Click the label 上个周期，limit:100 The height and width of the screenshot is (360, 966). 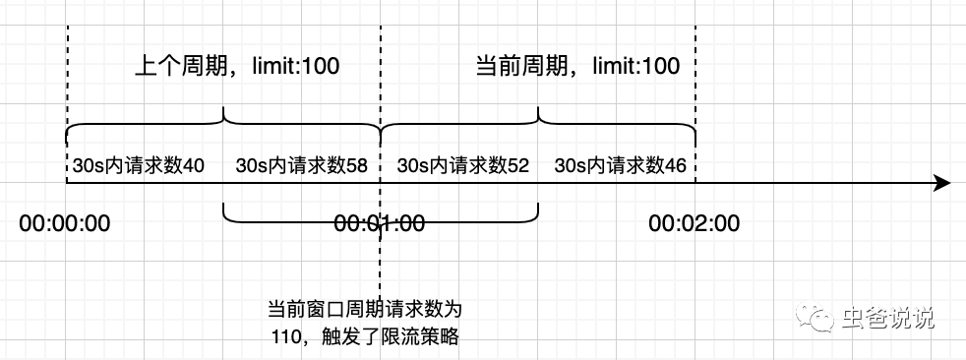236,67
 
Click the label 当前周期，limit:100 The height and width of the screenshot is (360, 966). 577,67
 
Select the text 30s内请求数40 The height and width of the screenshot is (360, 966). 138,166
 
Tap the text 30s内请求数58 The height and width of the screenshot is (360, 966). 301,166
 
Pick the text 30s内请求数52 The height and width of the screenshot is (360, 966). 462,166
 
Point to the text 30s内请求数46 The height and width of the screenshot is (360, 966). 620,166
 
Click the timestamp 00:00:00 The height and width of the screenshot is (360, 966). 65,223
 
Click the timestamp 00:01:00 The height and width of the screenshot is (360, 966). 380,223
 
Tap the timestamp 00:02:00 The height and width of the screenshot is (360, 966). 694,223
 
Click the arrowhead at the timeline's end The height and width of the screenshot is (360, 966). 941,183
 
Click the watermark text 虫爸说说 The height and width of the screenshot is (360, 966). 887,318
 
